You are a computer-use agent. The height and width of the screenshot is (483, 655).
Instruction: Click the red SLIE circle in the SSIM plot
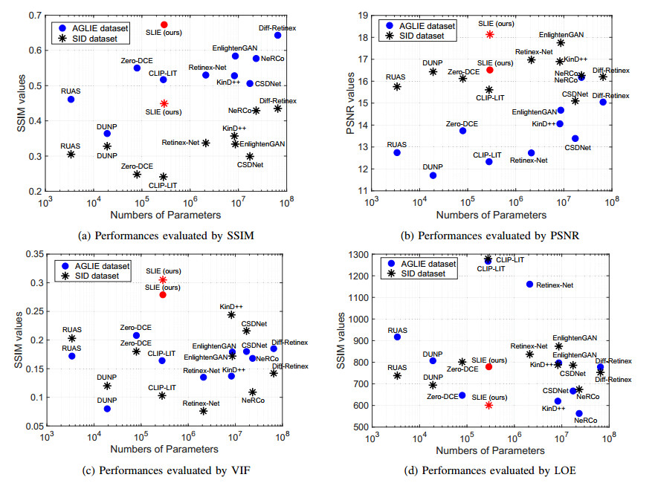tap(164, 25)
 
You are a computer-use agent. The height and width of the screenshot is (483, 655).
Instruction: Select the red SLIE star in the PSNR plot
tap(489, 34)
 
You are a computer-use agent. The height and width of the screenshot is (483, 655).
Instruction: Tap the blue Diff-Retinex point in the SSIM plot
tap(277, 35)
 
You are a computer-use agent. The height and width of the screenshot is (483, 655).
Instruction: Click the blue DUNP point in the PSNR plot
tap(433, 175)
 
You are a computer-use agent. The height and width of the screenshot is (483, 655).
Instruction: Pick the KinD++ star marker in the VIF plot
tap(231, 315)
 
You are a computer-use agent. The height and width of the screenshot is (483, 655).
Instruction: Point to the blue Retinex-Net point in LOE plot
tap(529, 284)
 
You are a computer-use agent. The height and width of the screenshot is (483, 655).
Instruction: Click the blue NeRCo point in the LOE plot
tap(578, 413)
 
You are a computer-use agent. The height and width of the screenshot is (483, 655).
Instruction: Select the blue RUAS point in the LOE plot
tap(397, 337)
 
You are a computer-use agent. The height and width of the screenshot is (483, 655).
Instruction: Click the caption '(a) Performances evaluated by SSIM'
tap(165, 236)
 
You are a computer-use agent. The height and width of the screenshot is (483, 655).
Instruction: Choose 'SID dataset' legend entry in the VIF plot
tap(103, 276)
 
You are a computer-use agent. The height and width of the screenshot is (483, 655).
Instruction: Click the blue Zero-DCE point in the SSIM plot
tap(137, 68)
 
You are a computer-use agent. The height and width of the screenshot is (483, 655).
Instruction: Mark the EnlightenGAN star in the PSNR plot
tap(560, 43)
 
